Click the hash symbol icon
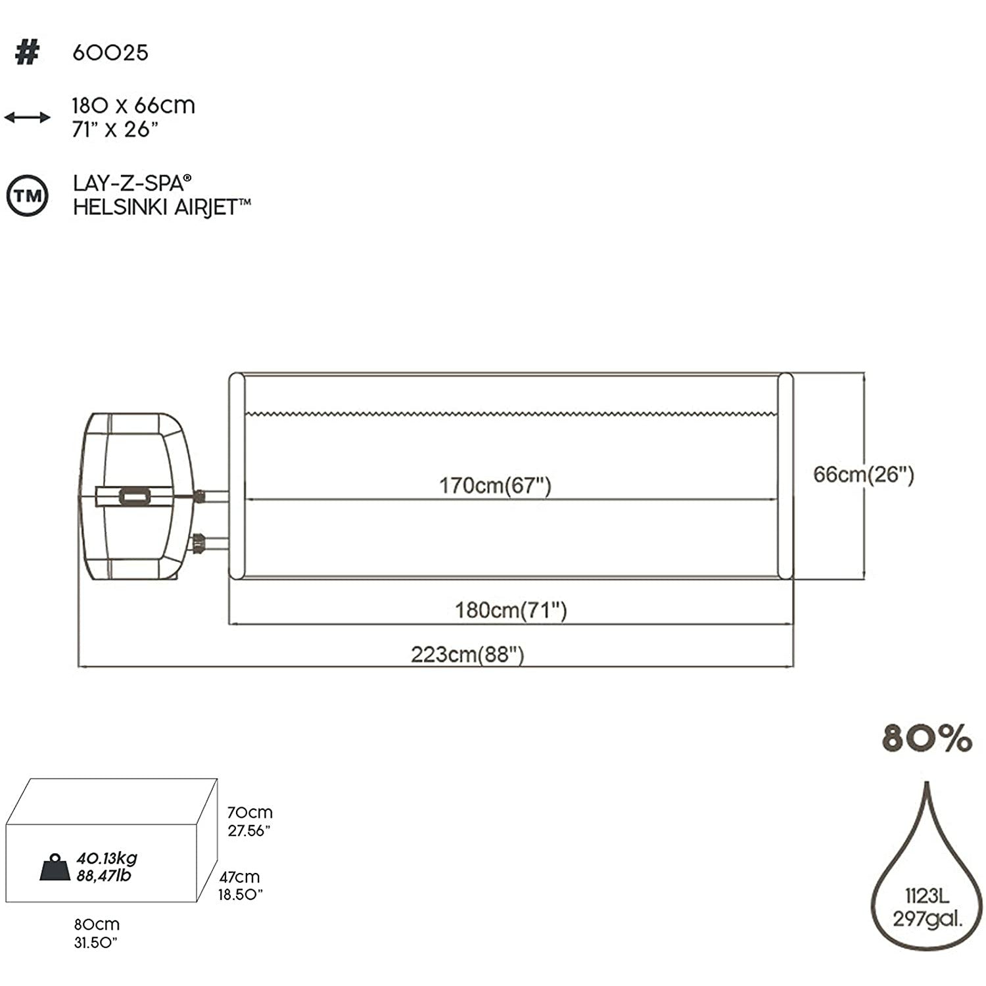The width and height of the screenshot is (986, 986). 27,53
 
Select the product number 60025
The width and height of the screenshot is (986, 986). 110,53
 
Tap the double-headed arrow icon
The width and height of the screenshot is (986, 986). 27,118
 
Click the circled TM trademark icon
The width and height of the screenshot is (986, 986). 27,195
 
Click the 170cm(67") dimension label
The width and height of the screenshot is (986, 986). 495,486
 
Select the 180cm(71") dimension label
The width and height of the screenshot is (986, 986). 511,611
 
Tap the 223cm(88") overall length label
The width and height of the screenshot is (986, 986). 467,655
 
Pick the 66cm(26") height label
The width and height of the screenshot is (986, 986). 863,475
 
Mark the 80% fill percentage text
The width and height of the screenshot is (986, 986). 926,739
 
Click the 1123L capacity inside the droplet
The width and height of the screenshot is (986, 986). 926,897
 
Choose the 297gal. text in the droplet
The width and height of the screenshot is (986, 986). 927,918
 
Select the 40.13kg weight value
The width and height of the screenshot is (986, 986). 107,858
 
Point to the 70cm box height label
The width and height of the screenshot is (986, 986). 250,813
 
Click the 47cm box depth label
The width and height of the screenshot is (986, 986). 239,877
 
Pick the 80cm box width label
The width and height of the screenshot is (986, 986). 97,925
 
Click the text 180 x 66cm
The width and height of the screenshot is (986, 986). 133,106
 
